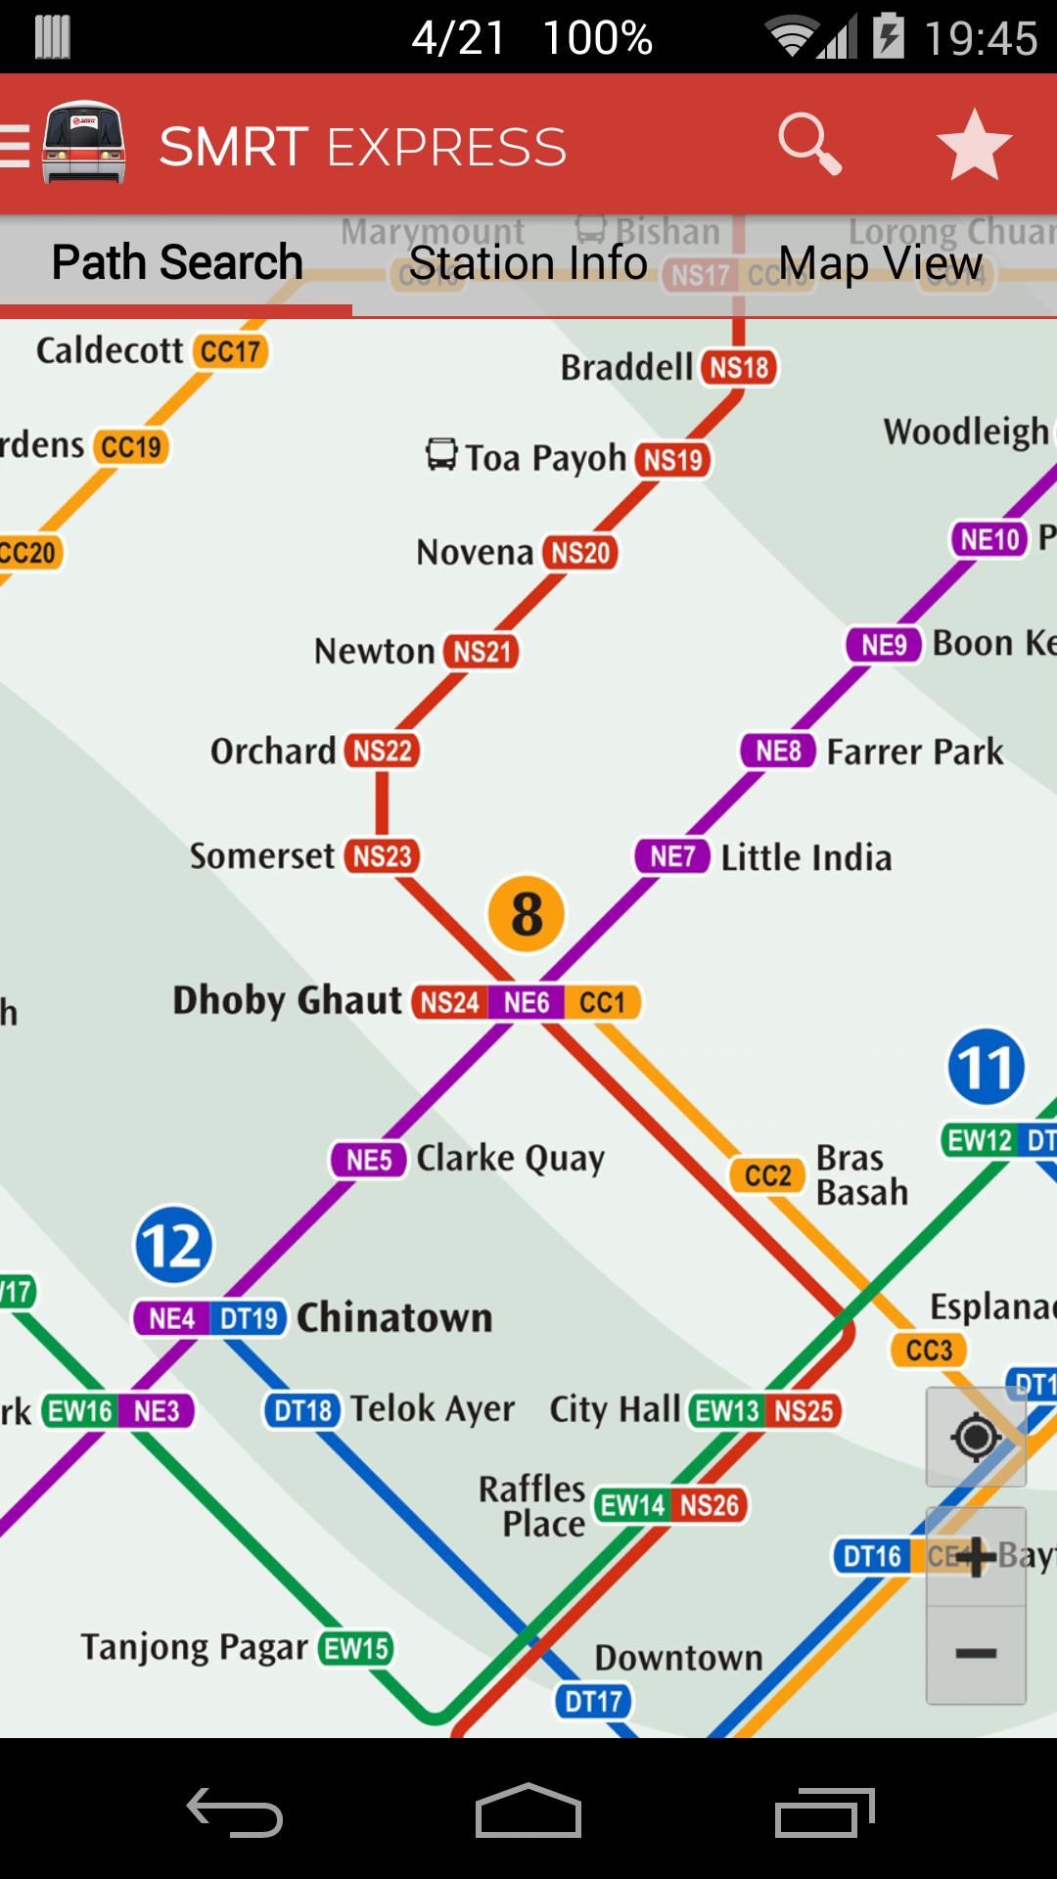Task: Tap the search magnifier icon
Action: [809, 144]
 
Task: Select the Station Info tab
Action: [528, 263]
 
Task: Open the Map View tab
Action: [880, 263]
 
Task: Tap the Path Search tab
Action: [177, 262]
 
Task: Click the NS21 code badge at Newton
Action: [482, 652]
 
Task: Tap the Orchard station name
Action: [273, 752]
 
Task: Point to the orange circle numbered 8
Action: [527, 914]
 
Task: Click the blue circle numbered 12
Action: [173, 1246]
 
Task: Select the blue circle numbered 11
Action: [986, 1067]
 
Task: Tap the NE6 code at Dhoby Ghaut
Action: [526, 1002]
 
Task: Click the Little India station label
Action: [805, 858]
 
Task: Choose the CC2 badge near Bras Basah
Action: [767, 1175]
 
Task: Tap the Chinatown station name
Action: [394, 1318]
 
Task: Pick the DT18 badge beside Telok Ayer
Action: [302, 1410]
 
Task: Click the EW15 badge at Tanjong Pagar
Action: [356, 1648]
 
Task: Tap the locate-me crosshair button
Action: [976, 1438]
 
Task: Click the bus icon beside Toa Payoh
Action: [441, 454]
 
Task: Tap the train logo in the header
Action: [84, 143]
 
